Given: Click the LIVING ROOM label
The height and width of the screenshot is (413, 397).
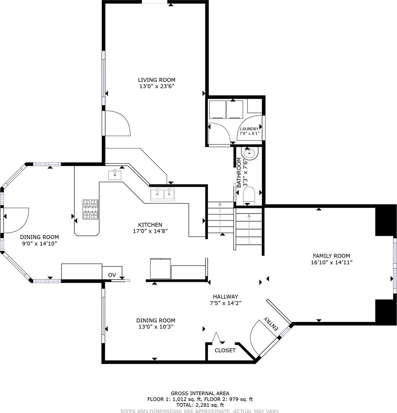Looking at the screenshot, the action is [x=157, y=80].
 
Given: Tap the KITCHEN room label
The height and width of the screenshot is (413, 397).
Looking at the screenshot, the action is [x=150, y=225].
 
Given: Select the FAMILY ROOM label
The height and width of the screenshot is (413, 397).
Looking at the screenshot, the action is [x=331, y=256].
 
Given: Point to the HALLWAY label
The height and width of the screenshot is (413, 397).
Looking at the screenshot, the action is [x=225, y=297].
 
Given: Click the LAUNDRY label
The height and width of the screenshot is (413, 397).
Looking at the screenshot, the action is [x=249, y=129].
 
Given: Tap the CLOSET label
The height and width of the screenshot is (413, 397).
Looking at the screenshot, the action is [x=225, y=350].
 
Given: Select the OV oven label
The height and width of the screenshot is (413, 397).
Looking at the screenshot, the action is [x=112, y=275].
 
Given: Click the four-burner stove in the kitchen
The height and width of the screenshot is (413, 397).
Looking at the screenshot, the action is [x=91, y=210].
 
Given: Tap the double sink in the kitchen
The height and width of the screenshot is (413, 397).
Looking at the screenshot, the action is [x=162, y=194].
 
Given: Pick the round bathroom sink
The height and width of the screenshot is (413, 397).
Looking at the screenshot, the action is [x=249, y=154].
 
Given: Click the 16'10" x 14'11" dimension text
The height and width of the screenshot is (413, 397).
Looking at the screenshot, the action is [x=332, y=262].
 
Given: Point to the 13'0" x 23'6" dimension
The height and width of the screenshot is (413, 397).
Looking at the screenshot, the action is [x=157, y=86].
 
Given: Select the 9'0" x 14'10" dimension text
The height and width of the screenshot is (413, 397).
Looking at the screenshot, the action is [x=40, y=244].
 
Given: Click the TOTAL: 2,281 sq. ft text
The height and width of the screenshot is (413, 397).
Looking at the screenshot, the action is [x=200, y=405].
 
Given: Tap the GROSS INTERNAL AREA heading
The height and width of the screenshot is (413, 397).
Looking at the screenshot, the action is [x=200, y=393].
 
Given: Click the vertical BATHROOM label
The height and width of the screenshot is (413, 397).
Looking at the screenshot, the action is [x=239, y=172].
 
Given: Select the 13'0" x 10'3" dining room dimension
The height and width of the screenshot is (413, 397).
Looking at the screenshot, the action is [x=156, y=327].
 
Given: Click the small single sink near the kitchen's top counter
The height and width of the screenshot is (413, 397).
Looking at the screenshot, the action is [x=115, y=175].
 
